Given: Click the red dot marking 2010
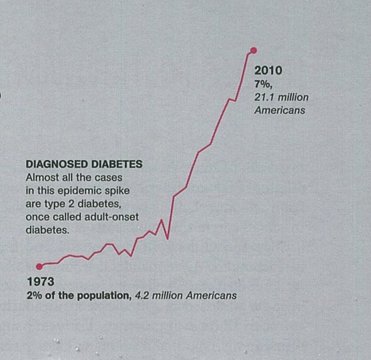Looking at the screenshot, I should pyautogui.click(x=253, y=50).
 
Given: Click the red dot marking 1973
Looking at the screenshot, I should pyautogui.click(x=39, y=266).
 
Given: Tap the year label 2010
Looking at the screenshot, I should pyautogui.click(x=268, y=71).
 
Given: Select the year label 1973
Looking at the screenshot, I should pyautogui.click(x=41, y=282).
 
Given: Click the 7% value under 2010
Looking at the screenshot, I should pyautogui.click(x=263, y=84).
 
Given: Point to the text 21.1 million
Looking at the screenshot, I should pyautogui.click(x=281, y=97).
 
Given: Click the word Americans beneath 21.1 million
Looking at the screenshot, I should pyautogui.click(x=279, y=110).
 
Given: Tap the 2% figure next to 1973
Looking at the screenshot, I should pyautogui.click(x=35, y=296).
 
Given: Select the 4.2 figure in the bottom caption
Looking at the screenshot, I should pyautogui.click(x=142, y=296).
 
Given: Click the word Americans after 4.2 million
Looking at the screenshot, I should pyautogui.click(x=210, y=296).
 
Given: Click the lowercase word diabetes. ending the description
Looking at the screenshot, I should pyautogui.click(x=48, y=231).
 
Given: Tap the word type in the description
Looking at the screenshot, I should pyautogui.click(x=56, y=204).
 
